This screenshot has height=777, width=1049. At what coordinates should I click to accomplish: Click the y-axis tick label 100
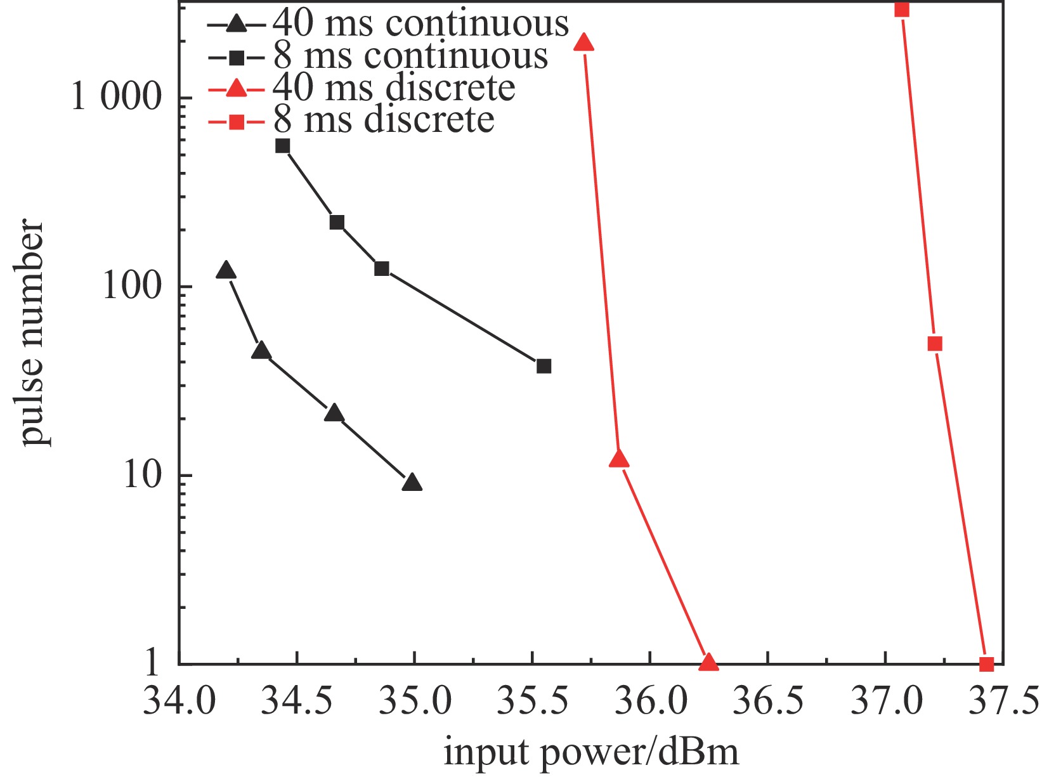131,286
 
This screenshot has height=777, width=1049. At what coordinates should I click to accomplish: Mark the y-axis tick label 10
142,475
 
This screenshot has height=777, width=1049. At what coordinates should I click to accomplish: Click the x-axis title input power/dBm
591,753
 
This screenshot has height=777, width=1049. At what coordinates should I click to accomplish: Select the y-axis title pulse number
32,332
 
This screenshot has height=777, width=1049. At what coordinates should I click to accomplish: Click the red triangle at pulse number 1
708,662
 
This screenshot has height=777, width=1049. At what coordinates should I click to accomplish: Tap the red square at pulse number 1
986,664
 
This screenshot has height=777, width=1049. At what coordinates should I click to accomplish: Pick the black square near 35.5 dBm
544,366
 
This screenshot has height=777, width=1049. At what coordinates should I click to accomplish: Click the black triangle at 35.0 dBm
412,483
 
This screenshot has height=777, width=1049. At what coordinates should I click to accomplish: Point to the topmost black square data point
283,146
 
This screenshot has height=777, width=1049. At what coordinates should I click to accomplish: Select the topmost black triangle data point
226,270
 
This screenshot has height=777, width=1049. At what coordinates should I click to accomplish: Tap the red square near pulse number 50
934,344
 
